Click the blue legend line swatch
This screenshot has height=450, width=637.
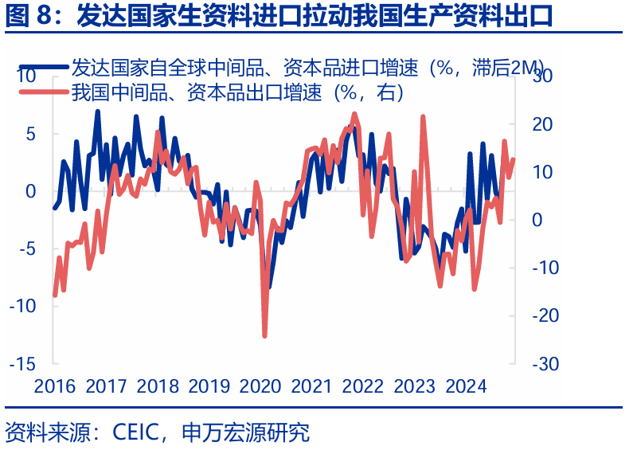(x=43, y=68)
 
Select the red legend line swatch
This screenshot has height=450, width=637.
(x=43, y=92)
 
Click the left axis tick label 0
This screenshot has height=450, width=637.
(x=32, y=191)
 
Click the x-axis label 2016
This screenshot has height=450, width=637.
(x=55, y=387)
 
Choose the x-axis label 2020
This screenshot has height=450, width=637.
(x=260, y=387)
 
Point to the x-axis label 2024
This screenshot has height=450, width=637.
(x=466, y=387)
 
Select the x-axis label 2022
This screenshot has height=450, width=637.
(x=363, y=387)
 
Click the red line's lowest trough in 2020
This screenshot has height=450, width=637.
(x=264, y=336)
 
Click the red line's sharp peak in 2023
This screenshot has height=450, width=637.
(x=422, y=117)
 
